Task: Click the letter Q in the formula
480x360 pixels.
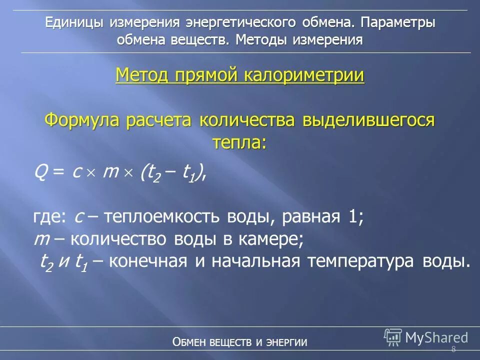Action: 40,173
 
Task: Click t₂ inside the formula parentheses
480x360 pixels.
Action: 151,173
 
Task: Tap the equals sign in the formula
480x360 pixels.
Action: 58,173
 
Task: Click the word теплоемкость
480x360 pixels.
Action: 163,218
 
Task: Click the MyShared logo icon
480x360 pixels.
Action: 393,337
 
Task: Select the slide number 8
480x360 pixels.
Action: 453,349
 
